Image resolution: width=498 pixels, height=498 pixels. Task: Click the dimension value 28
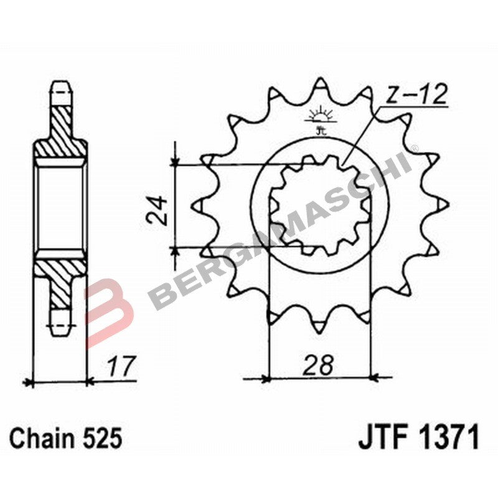point(319,364)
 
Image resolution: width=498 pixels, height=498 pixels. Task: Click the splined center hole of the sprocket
point(320,205)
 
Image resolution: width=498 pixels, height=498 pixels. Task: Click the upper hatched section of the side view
point(60,128)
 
